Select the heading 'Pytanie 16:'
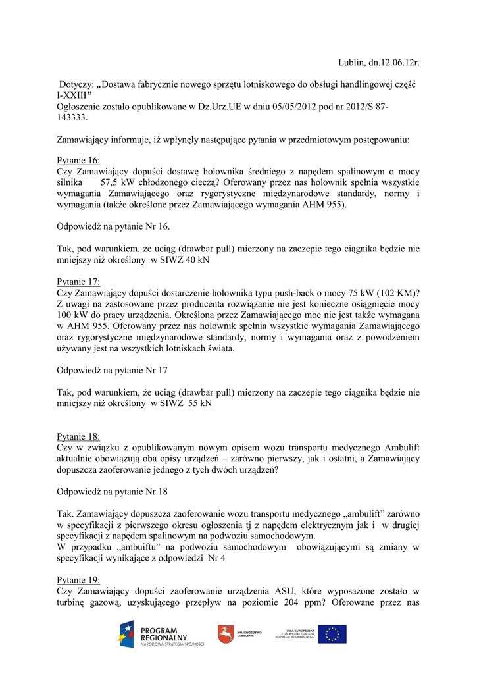pyautogui.click(x=78, y=160)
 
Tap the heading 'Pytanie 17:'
pyautogui.click(x=78, y=282)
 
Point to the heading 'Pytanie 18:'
pyautogui.click(x=78, y=436)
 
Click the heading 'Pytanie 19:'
pyautogui.click(x=78, y=580)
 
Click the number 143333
pyautogui.click(x=72, y=117)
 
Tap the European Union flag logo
pyautogui.click(x=333, y=634)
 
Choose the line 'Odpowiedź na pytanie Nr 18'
pyautogui.click(x=112, y=491)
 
